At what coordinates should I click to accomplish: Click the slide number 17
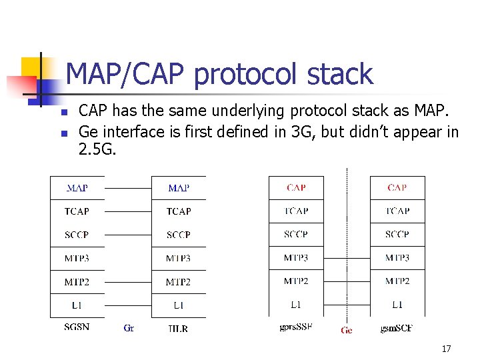[x=446, y=349]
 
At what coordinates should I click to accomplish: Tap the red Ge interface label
[x=347, y=330]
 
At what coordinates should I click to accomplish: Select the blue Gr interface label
[x=129, y=328]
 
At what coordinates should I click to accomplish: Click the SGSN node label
[x=77, y=327]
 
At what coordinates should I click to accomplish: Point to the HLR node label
[x=178, y=328]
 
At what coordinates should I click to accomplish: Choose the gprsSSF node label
[x=296, y=327]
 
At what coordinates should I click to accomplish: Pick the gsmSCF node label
[x=397, y=328]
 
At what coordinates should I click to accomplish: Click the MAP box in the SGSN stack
[x=77, y=188]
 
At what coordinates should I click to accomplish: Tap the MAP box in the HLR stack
[x=178, y=188]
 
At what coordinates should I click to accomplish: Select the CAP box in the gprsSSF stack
[x=296, y=188]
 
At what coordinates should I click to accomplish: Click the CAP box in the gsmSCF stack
[x=397, y=188]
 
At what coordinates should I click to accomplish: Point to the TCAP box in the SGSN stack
[x=77, y=211]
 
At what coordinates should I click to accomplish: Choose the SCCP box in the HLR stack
[x=178, y=235]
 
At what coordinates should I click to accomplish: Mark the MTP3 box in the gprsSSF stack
[x=296, y=258]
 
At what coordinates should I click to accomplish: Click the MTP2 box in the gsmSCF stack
[x=397, y=281]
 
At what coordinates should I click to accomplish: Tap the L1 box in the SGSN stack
[x=77, y=305]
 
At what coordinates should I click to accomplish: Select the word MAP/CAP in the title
[x=127, y=75]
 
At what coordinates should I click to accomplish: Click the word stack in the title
[x=339, y=75]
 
